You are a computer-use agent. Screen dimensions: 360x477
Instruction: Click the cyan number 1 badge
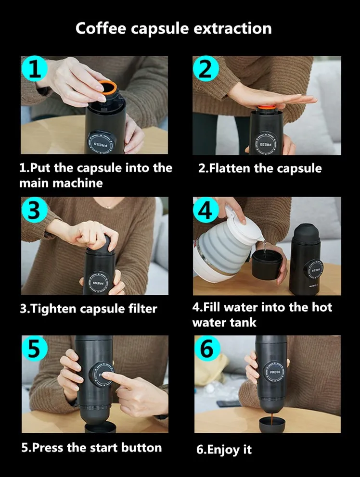coord(35,69)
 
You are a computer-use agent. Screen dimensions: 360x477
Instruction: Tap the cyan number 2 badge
coord(206,69)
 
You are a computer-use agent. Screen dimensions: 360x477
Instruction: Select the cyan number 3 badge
coord(35,210)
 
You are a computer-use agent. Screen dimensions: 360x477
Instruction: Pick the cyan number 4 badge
coord(206,210)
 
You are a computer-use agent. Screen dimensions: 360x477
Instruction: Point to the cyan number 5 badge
coord(35,348)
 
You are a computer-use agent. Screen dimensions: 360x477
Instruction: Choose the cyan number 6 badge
coord(207,348)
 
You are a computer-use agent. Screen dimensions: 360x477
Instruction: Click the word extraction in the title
coord(232,28)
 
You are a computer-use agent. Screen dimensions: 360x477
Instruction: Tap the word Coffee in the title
coord(101,28)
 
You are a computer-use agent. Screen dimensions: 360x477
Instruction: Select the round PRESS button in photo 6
coord(275,372)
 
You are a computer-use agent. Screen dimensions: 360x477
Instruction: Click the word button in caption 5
coord(141,448)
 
